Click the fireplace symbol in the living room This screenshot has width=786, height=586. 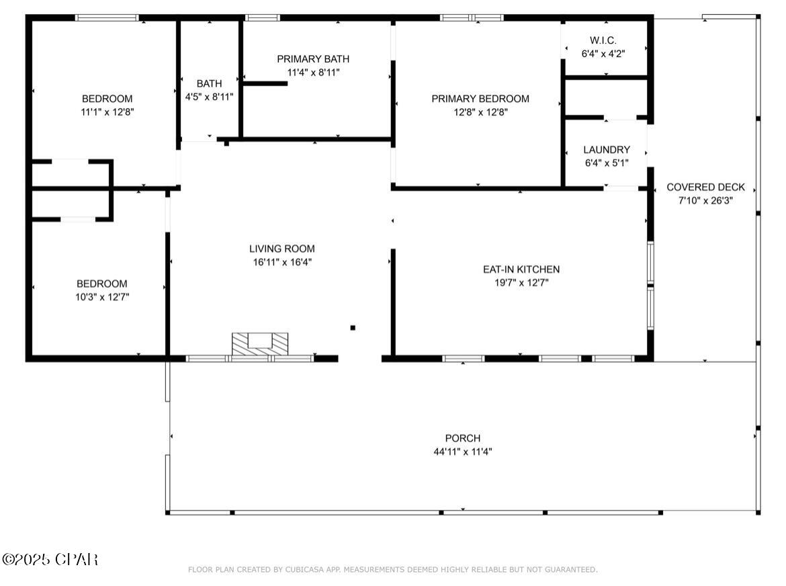pyautogui.click(x=260, y=344)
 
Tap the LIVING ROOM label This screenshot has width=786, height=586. pyautogui.click(x=282, y=249)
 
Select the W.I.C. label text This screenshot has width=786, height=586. pyautogui.click(x=603, y=40)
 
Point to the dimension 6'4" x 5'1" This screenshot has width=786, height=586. pyautogui.click(x=607, y=163)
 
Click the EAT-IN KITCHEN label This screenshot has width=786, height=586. pyautogui.click(x=521, y=269)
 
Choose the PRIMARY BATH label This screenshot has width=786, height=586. pyautogui.click(x=313, y=58)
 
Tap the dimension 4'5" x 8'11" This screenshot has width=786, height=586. pyautogui.click(x=209, y=97)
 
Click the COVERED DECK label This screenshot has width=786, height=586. pyautogui.click(x=706, y=187)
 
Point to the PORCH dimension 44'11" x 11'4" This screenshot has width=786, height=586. pyautogui.click(x=463, y=452)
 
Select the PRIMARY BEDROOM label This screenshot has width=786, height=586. pyautogui.click(x=480, y=99)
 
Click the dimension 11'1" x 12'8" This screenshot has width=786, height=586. pyautogui.click(x=107, y=112)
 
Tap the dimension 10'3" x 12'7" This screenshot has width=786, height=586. pyautogui.click(x=102, y=297)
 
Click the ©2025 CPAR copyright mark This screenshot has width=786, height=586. pyautogui.click(x=50, y=559)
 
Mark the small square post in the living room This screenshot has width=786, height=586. pyautogui.click(x=353, y=328)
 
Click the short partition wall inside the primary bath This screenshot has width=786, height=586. pyautogui.click(x=265, y=83)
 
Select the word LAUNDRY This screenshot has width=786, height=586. pyautogui.click(x=607, y=149)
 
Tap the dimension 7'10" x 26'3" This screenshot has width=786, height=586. pyautogui.click(x=706, y=200)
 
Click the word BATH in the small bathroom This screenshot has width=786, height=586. pyautogui.click(x=209, y=83)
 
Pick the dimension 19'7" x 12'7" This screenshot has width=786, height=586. pyautogui.click(x=521, y=283)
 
